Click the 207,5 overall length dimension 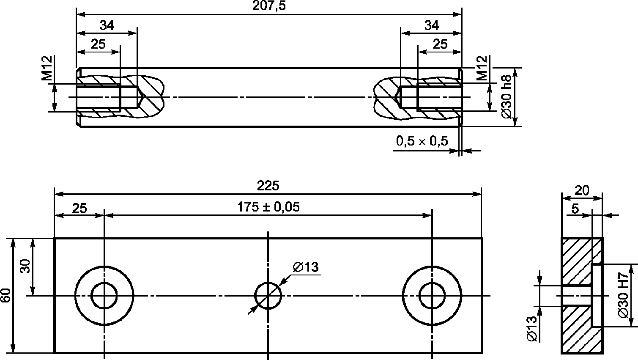269,5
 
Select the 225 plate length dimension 268,186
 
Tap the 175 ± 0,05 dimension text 268,207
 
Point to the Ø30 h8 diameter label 507,96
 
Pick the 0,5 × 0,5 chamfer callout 422,141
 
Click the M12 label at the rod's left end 47,68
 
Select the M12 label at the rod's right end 482,68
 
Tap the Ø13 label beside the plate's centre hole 306,267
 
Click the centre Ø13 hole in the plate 268,282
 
